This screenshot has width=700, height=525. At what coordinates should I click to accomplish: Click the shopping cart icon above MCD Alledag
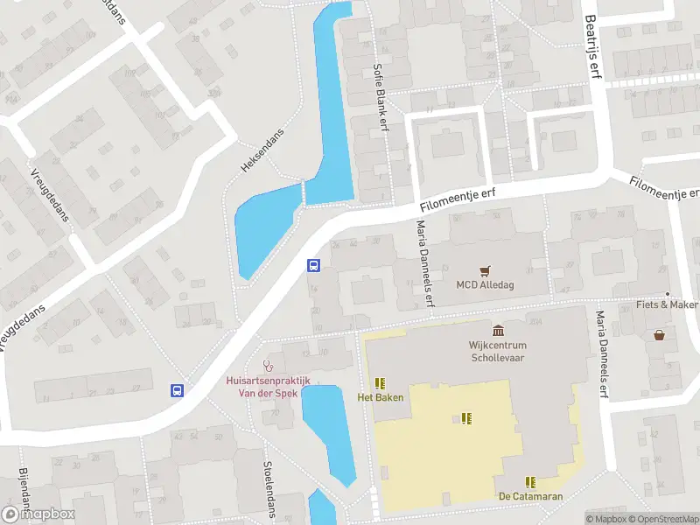(x=483, y=270)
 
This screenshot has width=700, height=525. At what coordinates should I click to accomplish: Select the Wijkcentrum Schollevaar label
(x=499, y=351)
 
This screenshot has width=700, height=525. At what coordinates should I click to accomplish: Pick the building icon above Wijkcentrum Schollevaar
(x=499, y=330)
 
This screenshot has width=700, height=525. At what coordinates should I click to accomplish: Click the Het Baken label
(x=380, y=398)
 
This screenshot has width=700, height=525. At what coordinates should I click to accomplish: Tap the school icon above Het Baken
(x=380, y=383)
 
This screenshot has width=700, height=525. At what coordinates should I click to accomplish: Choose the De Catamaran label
(x=530, y=496)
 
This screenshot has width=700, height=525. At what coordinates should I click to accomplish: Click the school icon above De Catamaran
(x=530, y=481)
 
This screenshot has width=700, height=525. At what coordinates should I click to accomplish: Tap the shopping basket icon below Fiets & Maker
(x=659, y=334)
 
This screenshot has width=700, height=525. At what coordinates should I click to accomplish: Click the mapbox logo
(x=38, y=514)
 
